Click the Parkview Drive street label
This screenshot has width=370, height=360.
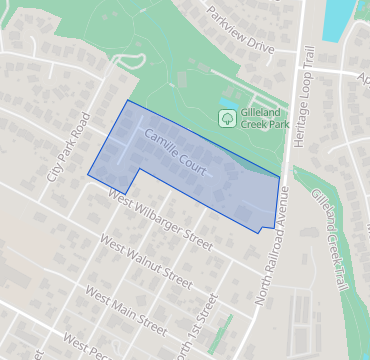pos(240,31)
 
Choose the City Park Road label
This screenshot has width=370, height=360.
pos(69,146)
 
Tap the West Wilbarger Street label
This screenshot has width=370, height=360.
pos(162,218)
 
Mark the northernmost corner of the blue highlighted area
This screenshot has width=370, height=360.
pos(128,101)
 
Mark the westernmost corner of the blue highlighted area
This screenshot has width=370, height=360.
pos(88,176)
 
